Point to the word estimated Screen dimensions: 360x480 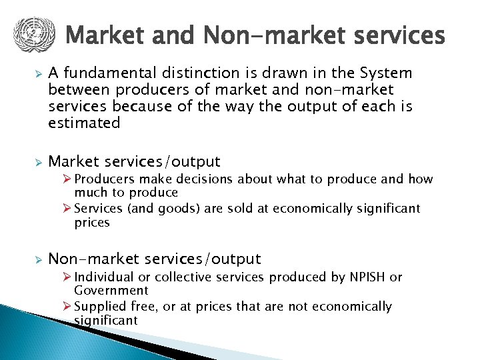click(84, 123)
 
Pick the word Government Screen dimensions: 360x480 click(111, 291)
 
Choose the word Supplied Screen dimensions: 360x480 click(100, 307)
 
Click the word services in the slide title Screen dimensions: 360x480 click(399, 35)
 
